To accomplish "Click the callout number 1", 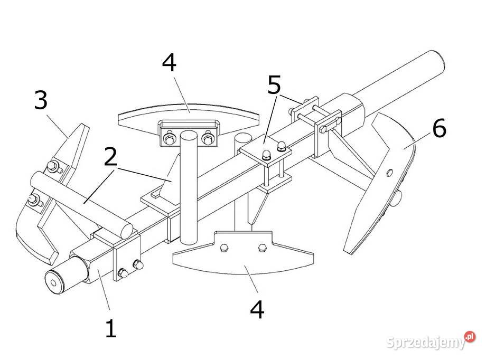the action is point(111,328).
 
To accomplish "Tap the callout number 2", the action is point(110,157).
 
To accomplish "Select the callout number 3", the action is point(41,100).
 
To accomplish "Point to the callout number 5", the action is point(274,84).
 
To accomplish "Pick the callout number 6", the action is point(439,127).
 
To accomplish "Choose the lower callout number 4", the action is point(257,309).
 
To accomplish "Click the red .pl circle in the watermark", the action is point(470,336).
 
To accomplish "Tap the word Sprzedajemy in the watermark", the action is point(426,343).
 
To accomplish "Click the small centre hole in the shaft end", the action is point(54,283).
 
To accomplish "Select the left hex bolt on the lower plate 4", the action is point(223,248).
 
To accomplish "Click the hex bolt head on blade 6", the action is point(390,173).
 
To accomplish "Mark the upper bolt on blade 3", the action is point(53,167).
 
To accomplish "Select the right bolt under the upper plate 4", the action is point(208,138).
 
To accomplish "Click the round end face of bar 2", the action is point(126,231).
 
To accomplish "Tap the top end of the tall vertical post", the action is point(189,135).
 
